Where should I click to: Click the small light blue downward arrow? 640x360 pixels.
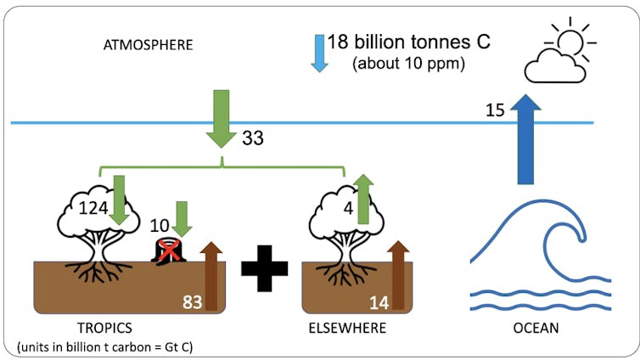[320, 53]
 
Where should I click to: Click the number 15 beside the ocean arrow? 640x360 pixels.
[497, 109]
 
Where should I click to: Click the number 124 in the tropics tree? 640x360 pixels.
[93, 206]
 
